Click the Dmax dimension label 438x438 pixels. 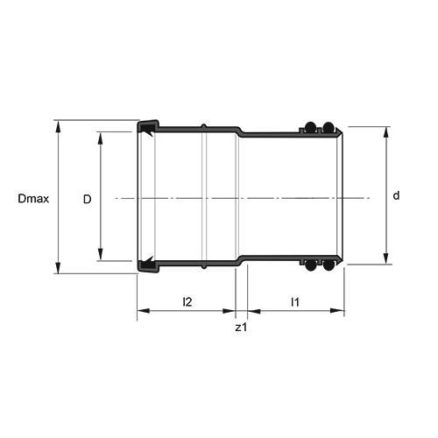point(33,199)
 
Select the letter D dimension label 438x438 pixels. point(88,200)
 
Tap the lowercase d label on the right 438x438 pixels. point(396,195)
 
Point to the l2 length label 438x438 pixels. point(187,301)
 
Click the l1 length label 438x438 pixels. point(295,302)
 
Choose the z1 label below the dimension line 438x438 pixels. point(241,328)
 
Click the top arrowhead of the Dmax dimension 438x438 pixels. point(59,126)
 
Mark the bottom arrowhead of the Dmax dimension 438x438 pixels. point(59,268)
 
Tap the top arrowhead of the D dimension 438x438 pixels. point(100,138)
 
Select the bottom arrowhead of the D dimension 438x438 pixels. point(100,254)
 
